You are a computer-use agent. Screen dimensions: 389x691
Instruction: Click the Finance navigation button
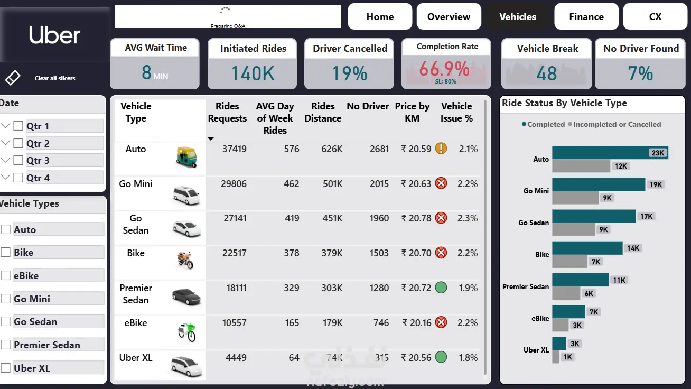[x=586, y=17]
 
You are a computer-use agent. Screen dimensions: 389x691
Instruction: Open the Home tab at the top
[x=380, y=17]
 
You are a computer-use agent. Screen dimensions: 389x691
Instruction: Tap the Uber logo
[x=54, y=35]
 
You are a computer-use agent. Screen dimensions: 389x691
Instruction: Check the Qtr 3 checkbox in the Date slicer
[x=18, y=161]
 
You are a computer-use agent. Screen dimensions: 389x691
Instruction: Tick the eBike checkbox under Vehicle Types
[x=6, y=275]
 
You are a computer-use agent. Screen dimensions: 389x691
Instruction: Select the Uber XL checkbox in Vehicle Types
[x=6, y=368]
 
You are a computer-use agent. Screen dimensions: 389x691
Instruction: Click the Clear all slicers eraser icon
[x=13, y=78]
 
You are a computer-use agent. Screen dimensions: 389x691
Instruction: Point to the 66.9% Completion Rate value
[x=444, y=69]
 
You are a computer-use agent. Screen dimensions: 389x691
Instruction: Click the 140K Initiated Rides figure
[x=253, y=73]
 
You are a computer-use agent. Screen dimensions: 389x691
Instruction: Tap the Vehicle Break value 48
[x=546, y=73]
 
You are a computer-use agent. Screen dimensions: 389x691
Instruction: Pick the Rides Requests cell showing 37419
[x=234, y=149]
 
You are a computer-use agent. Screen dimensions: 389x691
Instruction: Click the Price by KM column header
[x=412, y=112]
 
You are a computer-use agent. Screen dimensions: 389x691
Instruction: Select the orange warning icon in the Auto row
[x=441, y=149]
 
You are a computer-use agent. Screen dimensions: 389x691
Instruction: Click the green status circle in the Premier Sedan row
[x=441, y=288]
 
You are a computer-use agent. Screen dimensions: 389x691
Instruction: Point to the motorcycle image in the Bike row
[x=185, y=260]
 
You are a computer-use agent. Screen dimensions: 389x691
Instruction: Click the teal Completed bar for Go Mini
[x=599, y=184]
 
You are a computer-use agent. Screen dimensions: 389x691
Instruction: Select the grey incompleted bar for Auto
[x=581, y=166]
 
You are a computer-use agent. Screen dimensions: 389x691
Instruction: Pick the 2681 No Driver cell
[x=379, y=149]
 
